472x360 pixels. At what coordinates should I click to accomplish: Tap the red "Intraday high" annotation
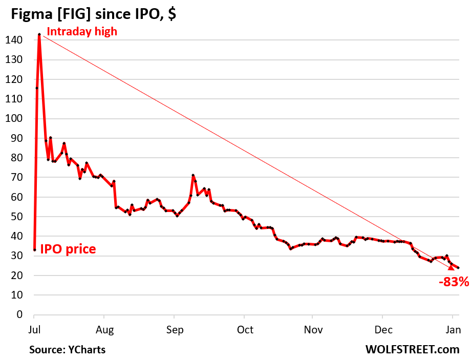click(82, 32)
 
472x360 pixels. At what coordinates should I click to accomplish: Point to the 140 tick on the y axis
click(13, 40)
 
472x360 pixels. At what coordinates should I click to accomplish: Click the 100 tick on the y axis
click(13, 118)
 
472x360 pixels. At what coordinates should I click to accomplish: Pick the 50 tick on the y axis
click(15, 217)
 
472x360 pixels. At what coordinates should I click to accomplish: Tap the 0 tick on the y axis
click(18, 314)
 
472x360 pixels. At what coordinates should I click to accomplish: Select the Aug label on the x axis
click(104, 329)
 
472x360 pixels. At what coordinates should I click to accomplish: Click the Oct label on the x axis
click(245, 329)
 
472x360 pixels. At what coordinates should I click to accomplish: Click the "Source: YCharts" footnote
click(67, 350)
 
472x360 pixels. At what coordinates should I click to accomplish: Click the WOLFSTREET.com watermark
click(413, 350)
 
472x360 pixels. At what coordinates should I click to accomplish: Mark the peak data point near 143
click(39, 34)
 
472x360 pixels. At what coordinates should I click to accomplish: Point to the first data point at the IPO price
click(34, 250)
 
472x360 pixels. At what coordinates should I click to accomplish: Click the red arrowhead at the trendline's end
click(451, 267)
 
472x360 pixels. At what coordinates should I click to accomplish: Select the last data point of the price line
click(458, 268)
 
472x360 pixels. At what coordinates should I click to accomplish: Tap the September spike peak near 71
click(192, 176)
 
